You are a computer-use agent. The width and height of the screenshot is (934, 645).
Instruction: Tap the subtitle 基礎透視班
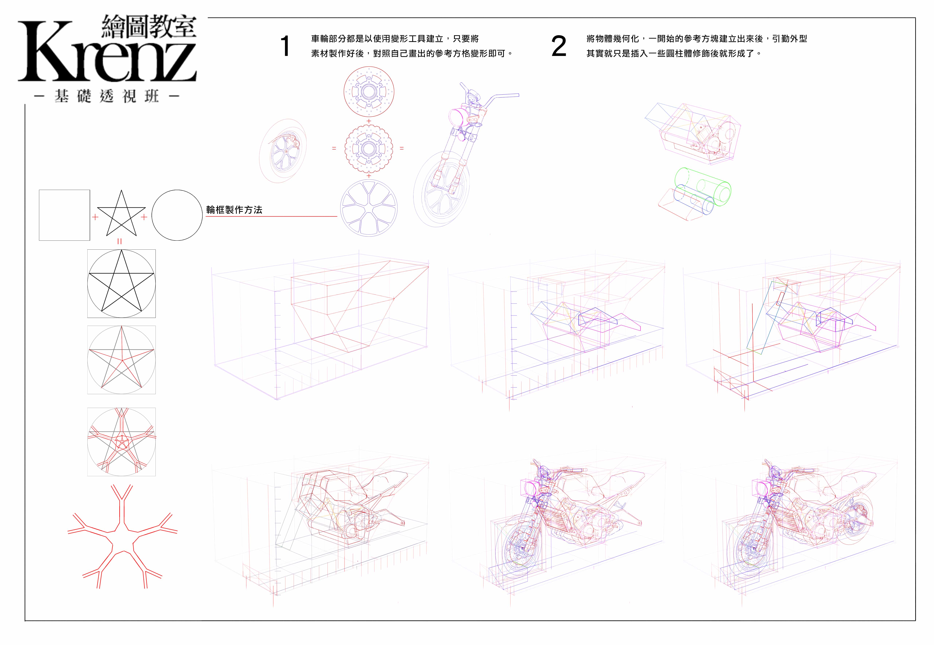point(107,96)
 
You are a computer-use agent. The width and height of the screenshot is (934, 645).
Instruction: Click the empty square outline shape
point(64,215)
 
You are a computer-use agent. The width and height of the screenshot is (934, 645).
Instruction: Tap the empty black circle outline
point(177,215)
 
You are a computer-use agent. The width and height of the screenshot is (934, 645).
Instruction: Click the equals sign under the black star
point(119,241)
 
